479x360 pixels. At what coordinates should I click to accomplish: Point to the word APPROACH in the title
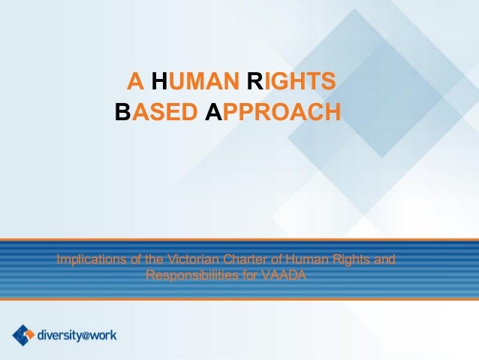[273, 112]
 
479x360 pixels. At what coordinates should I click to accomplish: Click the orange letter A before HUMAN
[137, 80]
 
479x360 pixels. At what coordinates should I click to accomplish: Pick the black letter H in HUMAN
[159, 80]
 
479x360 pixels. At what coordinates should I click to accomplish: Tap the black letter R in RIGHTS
[254, 80]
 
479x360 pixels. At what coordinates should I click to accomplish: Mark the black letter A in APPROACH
[213, 112]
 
